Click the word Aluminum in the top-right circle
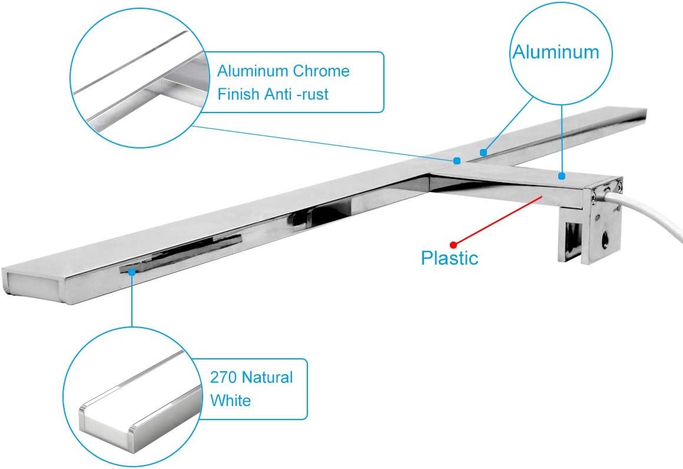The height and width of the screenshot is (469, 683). (x=555, y=52)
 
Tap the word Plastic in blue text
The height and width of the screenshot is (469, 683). (x=449, y=257)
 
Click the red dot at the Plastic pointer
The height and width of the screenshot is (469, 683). (x=453, y=244)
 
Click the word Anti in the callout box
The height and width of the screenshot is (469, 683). (x=281, y=94)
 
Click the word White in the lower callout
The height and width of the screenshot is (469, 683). (x=230, y=401)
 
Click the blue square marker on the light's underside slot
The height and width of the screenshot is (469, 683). (x=132, y=272)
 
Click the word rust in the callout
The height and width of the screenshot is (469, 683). (x=312, y=94)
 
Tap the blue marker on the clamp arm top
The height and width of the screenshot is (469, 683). (x=562, y=176)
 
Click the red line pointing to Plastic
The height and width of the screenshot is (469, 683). (x=498, y=220)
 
